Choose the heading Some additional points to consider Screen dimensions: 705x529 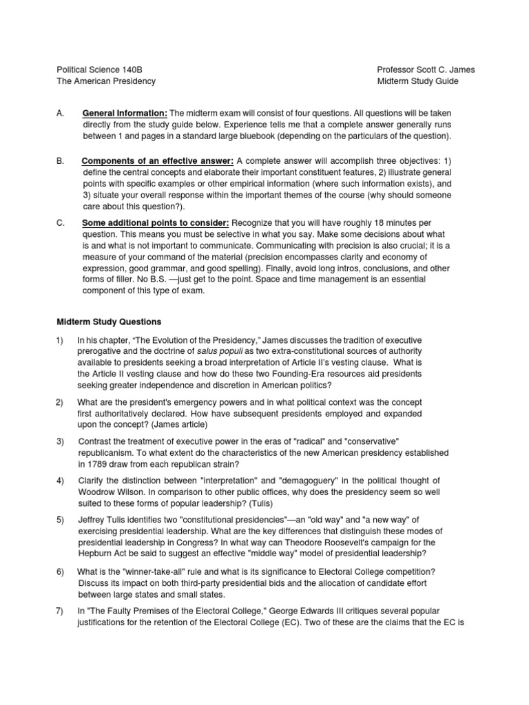click(x=156, y=223)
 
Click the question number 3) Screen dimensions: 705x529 click(x=60, y=440)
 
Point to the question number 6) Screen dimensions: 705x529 click(x=60, y=572)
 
